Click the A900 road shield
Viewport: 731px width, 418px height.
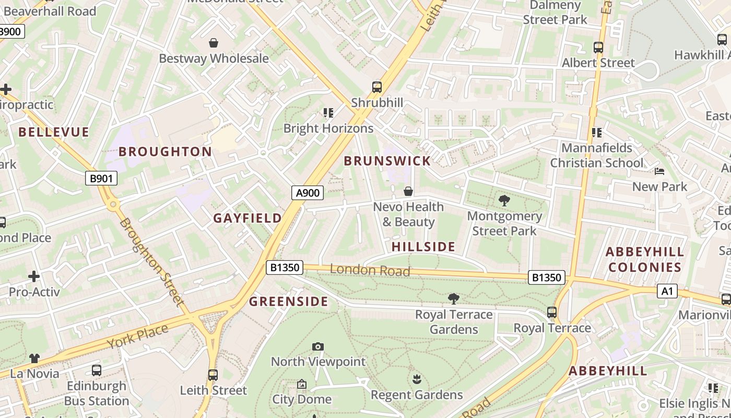(x=308, y=193)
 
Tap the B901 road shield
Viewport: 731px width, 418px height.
(x=101, y=178)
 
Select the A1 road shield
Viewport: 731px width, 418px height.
(x=667, y=291)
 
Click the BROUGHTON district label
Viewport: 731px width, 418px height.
(x=165, y=152)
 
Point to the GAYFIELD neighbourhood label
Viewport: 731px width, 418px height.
(x=247, y=218)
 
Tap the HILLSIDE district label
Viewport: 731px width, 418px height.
(x=423, y=247)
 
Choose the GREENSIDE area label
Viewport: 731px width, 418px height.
(x=288, y=301)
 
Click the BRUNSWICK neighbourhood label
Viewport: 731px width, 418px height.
(x=387, y=161)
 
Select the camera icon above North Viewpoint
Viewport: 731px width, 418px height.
(x=318, y=346)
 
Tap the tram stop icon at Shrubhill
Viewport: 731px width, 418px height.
(x=377, y=87)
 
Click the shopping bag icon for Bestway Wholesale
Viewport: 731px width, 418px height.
(x=214, y=43)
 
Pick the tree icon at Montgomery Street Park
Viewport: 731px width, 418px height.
(x=504, y=200)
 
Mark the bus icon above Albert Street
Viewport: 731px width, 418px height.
(x=598, y=48)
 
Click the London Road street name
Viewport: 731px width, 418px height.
(x=370, y=270)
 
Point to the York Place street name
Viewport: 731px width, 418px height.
(x=138, y=336)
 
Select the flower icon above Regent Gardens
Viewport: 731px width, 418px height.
(x=417, y=379)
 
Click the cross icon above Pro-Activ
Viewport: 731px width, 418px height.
(x=34, y=276)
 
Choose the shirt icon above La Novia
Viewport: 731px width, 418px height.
(x=34, y=358)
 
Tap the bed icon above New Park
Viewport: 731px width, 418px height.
(x=659, y=171)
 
